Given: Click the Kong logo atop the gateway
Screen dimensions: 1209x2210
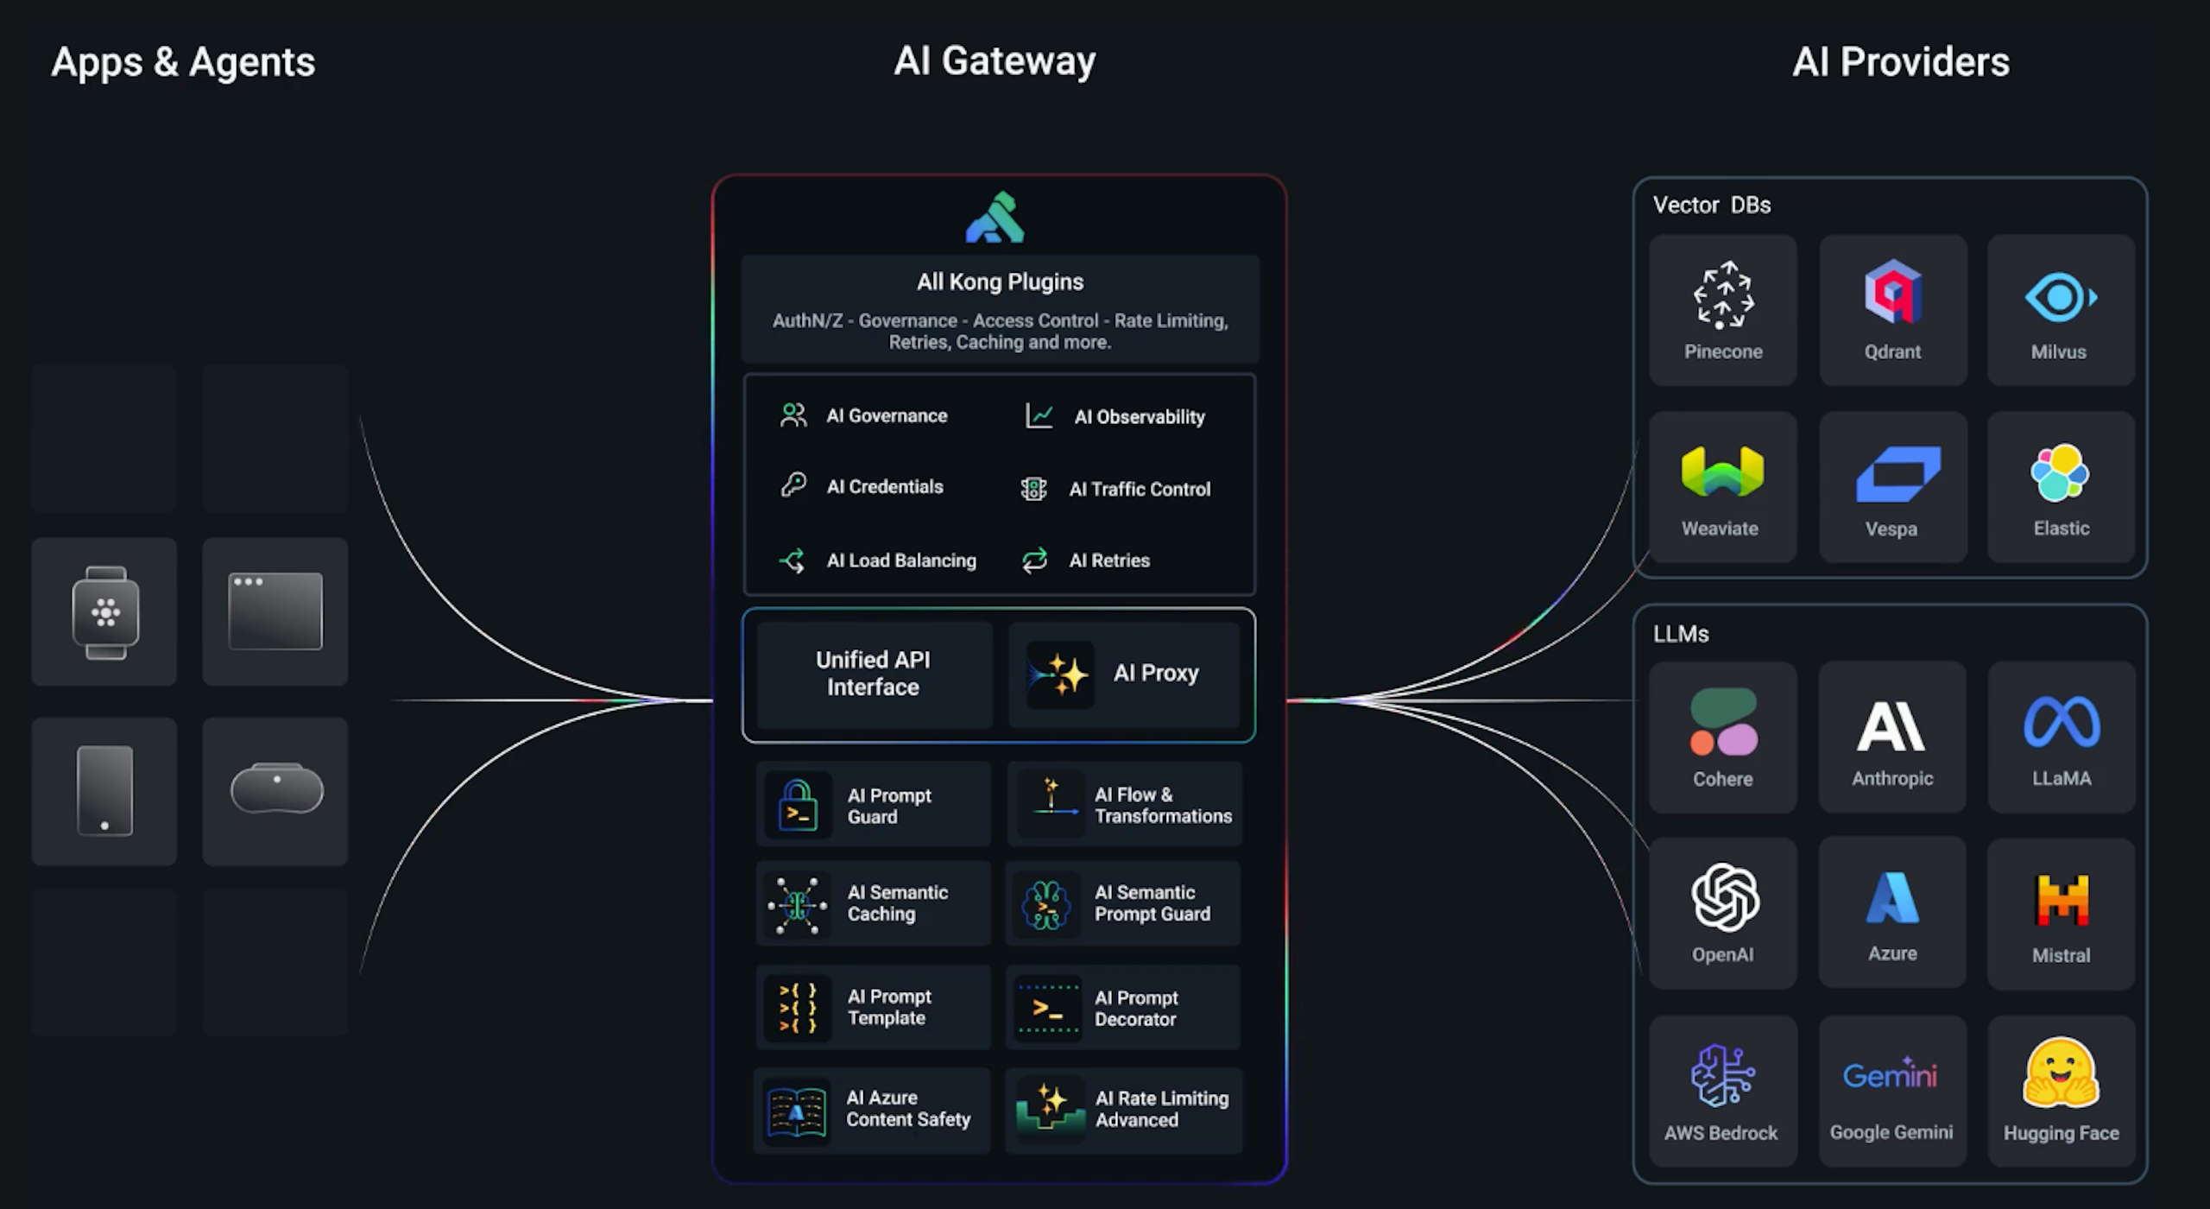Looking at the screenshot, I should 995,218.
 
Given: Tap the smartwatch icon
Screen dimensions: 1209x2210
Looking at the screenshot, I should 105,612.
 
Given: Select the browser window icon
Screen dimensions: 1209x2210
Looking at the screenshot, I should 275,611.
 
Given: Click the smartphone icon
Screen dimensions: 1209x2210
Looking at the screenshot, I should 104,790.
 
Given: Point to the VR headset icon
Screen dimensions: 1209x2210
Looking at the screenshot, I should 276,788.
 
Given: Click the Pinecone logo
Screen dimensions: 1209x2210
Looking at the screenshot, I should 1723,294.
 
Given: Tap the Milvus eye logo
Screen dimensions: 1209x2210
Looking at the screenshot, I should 2060,297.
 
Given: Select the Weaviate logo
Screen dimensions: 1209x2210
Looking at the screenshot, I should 1722,472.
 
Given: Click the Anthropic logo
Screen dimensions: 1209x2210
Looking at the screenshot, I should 1891,725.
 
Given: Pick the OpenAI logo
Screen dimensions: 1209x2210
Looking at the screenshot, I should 1725,898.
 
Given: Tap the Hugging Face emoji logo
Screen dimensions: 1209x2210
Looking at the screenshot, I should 2061,1073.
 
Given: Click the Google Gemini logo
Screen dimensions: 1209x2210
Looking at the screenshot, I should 1891,1075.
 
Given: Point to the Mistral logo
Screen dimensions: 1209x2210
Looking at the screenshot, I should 2062,900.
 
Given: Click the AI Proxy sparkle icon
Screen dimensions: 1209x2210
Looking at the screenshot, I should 1061,674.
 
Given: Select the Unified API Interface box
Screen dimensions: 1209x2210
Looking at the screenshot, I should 874,674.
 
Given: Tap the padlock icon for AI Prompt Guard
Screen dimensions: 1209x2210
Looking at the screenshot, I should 798,805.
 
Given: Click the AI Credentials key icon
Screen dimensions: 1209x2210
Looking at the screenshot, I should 793,485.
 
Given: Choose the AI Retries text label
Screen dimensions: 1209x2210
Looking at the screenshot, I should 1109,560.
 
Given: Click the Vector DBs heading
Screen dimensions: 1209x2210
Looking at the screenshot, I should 1711,206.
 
